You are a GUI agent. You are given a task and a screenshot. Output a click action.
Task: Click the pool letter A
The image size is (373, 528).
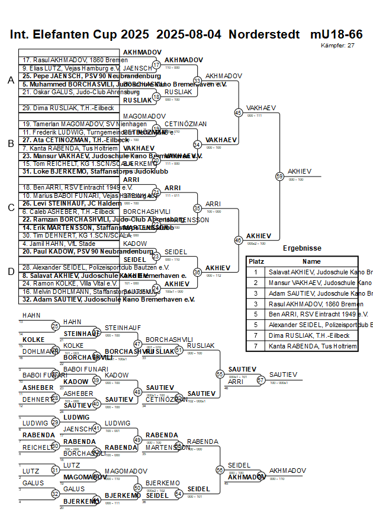(11, 80)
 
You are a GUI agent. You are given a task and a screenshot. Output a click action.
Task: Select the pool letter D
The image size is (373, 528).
(11, 271)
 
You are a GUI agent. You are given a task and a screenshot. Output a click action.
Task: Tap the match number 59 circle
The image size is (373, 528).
(279, 176)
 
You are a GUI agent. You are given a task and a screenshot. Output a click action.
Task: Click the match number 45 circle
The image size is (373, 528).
(239, 112)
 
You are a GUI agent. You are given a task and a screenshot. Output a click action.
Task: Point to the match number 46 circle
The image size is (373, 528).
(239, 240)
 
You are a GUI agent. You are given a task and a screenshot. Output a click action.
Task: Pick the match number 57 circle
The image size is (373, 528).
(261, 380)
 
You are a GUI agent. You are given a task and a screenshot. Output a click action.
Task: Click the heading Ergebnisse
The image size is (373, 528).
(302, 249)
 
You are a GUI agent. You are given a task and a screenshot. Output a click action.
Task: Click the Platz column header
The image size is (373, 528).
(256, 261)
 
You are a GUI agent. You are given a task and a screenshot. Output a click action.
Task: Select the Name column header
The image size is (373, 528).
(311, 261)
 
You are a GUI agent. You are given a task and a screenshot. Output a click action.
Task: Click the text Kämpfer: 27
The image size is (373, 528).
(337, 45)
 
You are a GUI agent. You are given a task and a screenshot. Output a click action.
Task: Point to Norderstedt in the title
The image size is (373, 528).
(264, 34)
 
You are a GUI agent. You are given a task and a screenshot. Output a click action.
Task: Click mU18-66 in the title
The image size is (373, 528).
(336, 34)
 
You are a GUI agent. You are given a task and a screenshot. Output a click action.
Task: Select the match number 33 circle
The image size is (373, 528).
(198, 80)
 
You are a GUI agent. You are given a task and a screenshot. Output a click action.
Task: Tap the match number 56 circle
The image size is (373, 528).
(220, 470)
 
